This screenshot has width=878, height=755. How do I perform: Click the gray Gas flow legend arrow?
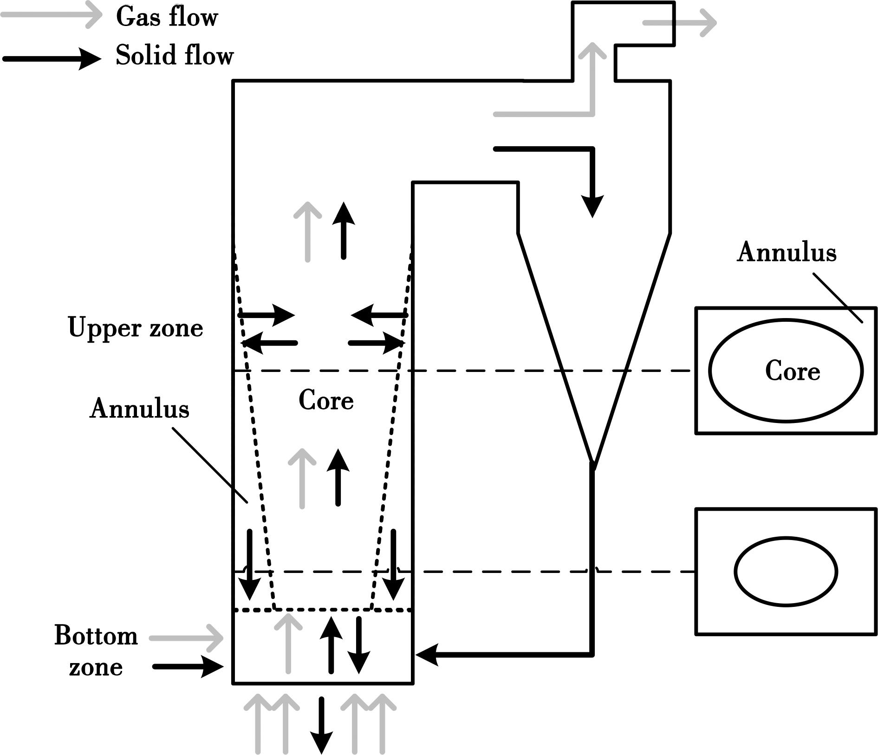[51, 16]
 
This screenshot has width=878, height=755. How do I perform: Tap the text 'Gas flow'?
[167, 17]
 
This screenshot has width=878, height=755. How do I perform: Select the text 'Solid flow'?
[175, 56]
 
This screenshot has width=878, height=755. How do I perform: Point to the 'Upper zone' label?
[135, 328]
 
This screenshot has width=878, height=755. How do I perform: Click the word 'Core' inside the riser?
[326, 400]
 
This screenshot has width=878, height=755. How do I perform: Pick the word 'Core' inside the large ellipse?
[793, 371]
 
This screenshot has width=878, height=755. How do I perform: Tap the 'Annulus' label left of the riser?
[139, 409]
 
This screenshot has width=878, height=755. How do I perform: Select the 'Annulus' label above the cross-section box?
[787, 253]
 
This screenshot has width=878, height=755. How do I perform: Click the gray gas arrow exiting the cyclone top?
[680, 22]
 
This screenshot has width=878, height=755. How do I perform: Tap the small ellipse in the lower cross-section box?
[786, 572]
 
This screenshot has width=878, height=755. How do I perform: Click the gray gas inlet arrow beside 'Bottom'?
[186, 638]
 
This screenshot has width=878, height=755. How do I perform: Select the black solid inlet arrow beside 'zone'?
[188, 667]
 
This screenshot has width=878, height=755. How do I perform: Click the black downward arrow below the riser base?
[321, 724]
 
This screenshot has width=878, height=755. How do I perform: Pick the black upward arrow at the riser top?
[344, 231]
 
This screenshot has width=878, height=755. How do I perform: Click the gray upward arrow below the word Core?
[302, 478]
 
